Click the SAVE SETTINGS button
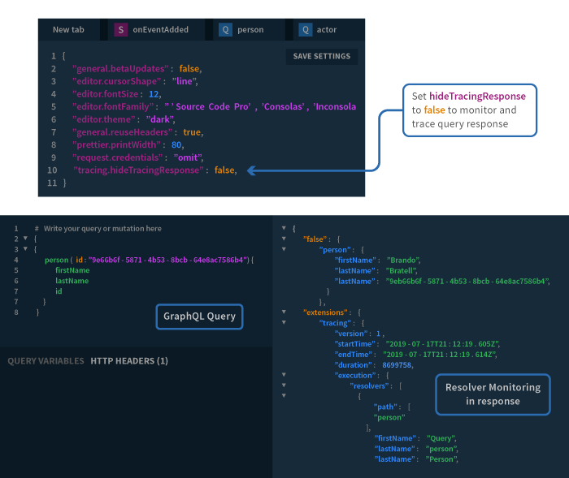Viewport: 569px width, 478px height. point(322,57)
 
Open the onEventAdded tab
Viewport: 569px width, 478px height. point(160,30)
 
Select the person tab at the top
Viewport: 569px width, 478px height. point(250,30)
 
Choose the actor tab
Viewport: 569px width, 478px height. point(327,30)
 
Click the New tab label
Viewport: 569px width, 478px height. point(68,30)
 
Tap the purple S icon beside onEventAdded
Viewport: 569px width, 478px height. point(121,30)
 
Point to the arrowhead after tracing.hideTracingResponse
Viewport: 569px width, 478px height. point(251,170)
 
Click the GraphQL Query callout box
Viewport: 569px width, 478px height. point(200,317)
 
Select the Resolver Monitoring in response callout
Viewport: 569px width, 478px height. point(493,394)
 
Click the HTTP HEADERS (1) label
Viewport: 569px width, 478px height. point(129,361)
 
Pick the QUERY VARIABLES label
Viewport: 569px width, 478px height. point(46,361)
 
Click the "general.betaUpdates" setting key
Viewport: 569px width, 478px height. point(120,69)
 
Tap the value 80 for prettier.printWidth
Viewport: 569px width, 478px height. point(176,145)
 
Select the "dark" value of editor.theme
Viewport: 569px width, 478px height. point(159,119)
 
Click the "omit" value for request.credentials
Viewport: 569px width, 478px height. point(188,157)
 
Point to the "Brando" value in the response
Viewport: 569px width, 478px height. point(403,261)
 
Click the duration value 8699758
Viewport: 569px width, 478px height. point(397,365)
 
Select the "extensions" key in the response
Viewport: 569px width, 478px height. point(325,312)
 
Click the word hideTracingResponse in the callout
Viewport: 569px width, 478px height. point(477,97)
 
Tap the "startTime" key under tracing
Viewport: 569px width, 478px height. point(354,344)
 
